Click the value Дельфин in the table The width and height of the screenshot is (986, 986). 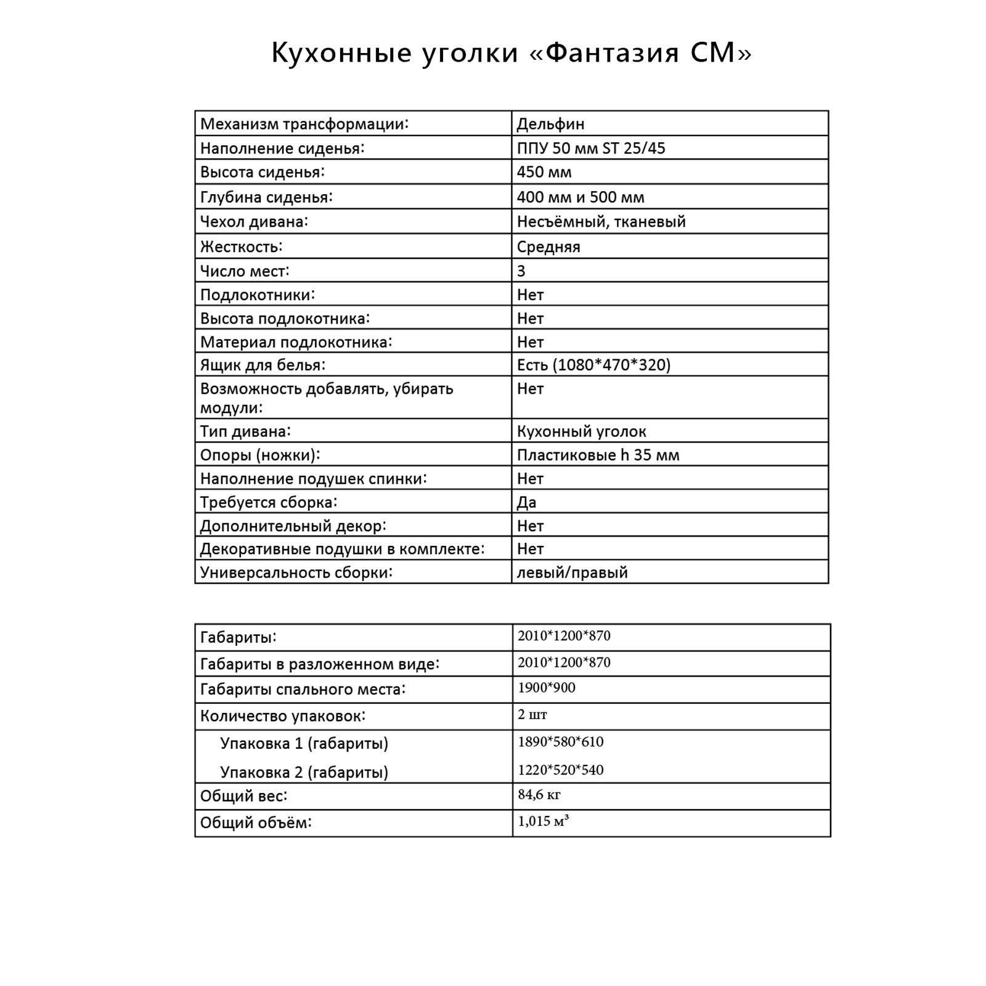(x=550, y=124)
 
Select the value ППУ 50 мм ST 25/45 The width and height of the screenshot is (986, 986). (x=591, y=148)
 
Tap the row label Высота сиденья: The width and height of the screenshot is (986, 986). (x=262, y=172)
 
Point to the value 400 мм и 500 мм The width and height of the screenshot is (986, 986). (x=581, y=197)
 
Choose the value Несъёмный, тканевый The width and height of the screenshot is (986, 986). (x=601, y=221)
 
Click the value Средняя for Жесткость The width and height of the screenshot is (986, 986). (x=548, y=246)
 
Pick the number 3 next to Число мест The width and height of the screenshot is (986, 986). (x=521, y=271)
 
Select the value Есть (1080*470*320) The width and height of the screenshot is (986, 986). (x=593, y=365)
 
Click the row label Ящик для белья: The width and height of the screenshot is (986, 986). (x=263, y=365)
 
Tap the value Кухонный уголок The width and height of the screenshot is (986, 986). (x=581, y=431)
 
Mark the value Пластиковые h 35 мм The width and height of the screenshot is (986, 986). (x=598, y=455)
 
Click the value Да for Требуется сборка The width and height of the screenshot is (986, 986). (x=526, y=502)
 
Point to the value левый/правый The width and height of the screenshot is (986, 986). (x=572, y=572)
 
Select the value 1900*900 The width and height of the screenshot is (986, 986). (x=546, y=688)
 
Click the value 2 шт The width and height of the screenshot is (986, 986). (x=532, y=714)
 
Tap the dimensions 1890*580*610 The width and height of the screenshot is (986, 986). (x=560, y=741)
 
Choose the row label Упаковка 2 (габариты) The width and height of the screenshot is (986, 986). (x=304, y=772)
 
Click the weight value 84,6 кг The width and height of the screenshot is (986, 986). (x=539, y=794)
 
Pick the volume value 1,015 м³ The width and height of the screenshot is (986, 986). (x=543, y=821)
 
